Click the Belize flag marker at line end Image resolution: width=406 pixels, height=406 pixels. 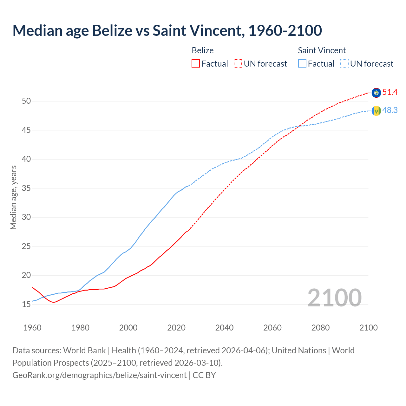(376, 93)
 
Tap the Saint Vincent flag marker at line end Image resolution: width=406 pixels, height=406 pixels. (376, 111)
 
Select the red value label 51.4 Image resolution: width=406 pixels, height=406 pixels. (390, 92)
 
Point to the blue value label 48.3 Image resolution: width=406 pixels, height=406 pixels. (390, 110)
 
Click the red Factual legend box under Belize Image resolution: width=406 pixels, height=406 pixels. (196, 63)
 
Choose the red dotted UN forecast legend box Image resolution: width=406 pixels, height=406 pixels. (238, 63)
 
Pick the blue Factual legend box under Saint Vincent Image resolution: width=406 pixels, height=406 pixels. (302, 63)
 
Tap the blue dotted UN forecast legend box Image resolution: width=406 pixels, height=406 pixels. (344, 63)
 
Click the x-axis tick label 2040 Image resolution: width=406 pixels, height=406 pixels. (224, 328)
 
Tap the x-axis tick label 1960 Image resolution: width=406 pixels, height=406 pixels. (32, 328)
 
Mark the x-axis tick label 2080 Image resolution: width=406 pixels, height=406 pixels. (320, 328)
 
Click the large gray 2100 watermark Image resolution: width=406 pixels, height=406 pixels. (334, 298)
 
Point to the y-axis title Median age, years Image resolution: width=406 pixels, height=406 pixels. (13, 197)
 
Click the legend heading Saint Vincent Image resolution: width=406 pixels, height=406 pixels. (322, 50)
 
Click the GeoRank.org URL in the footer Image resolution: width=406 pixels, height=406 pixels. (99, 375)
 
